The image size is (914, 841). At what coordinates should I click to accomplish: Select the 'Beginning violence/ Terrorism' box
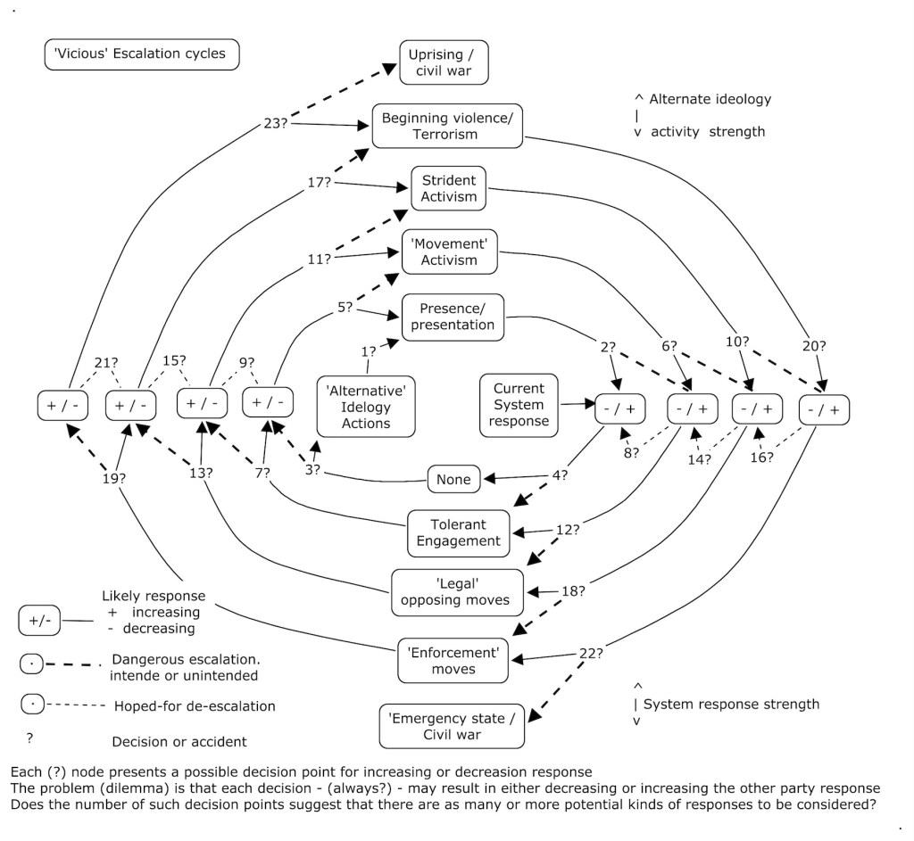[446, 126]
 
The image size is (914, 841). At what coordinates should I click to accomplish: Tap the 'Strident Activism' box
[448, 188]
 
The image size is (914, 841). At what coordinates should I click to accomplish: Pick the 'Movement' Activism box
[450, 251]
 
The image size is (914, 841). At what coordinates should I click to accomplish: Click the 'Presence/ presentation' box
[453, 317]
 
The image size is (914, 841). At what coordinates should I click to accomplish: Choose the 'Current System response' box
[518, 405]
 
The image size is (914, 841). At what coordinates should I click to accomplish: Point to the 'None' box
[453, 479]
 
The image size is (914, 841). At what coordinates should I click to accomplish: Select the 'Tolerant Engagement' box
[459, 532]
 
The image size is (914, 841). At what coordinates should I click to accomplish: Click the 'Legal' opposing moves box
[456, 592]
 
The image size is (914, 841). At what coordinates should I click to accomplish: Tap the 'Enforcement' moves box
[453, 661]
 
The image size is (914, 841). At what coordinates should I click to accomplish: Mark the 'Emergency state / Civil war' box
[452, 726]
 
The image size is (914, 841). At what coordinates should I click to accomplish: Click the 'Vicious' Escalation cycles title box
[141, 54]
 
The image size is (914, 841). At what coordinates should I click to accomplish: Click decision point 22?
[591, 653]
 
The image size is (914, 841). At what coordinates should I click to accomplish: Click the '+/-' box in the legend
[39, 620]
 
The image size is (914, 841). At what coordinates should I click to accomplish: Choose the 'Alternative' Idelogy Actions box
[366, 407]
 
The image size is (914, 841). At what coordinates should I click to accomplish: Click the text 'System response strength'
[731, 704]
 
